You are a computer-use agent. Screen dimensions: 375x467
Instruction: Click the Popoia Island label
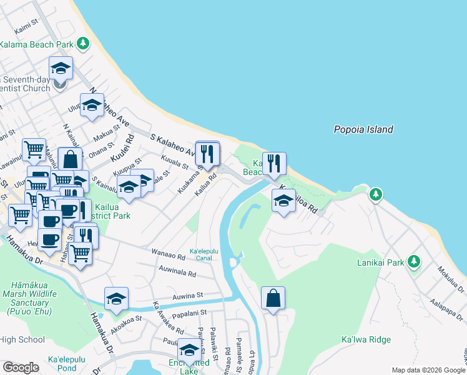point(363,130)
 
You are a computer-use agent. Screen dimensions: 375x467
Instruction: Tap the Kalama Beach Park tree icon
point(83,44)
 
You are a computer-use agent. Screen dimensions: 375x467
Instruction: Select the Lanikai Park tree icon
point(413,261)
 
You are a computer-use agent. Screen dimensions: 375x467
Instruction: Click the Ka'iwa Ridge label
point(366,339)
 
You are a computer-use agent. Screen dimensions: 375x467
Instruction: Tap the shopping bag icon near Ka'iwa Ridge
point(273,298)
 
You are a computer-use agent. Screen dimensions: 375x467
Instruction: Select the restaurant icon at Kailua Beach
point(274,164)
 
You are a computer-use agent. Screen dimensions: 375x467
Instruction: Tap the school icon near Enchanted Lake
point(189,349)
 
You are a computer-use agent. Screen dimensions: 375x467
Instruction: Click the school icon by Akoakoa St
point(116,299)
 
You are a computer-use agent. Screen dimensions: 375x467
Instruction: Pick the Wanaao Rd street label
point(169,256)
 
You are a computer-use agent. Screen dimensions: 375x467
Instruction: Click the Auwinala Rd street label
point(177,272)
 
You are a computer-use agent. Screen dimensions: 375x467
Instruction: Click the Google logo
point(21,367)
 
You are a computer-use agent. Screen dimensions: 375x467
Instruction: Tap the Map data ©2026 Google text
point(427,370)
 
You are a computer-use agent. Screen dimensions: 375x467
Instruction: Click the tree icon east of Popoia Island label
point(375,194)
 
